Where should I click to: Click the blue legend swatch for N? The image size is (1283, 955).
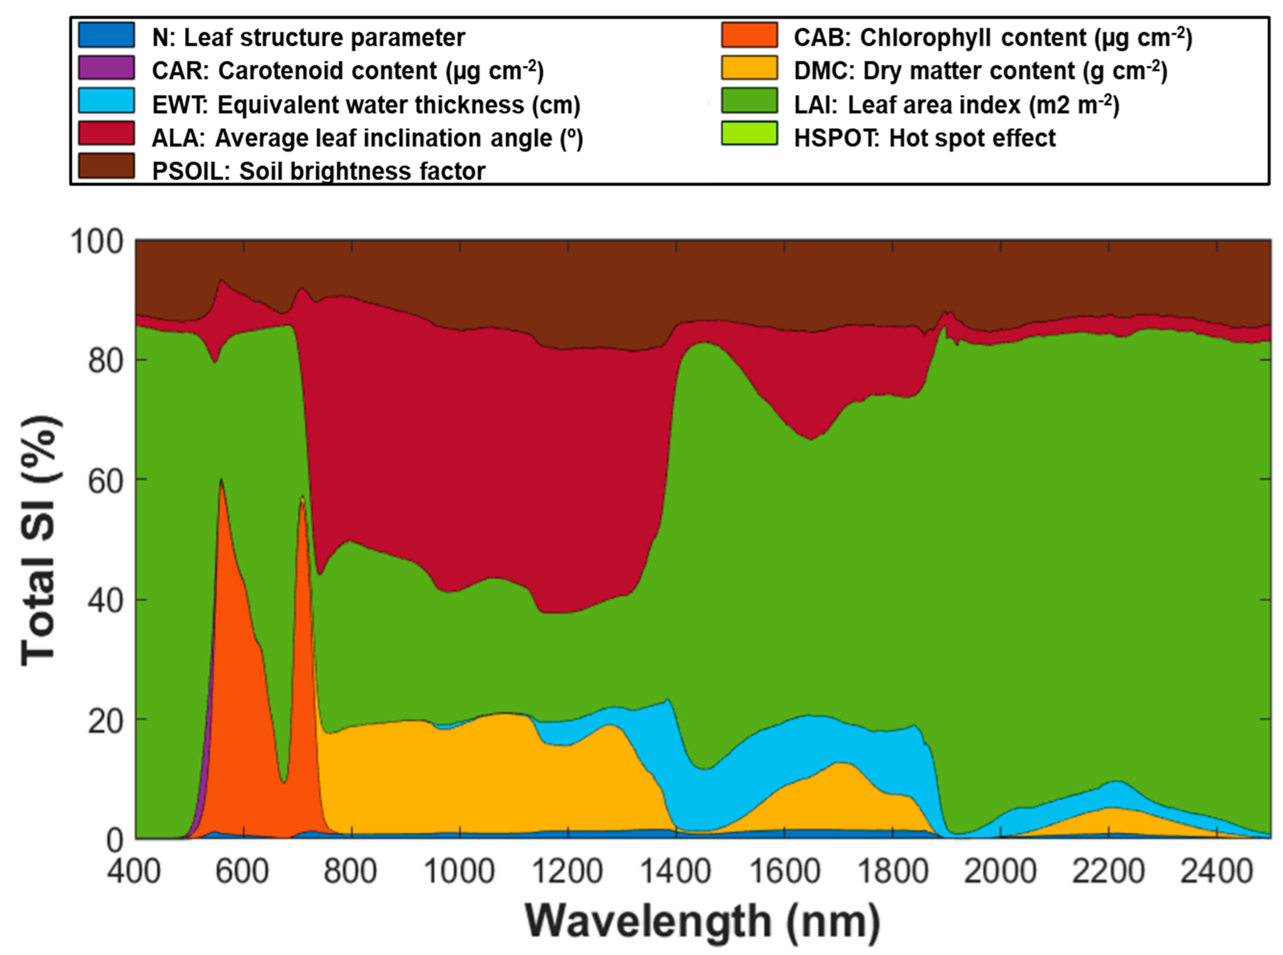tap(106, 35)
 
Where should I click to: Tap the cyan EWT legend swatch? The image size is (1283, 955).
tap(106, 101)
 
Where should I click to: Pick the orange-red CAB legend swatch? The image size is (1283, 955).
tap(749, 35)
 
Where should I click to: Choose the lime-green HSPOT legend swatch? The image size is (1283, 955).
tap(749, 134)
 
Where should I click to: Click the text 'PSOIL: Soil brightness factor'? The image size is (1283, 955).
tap(318, 171)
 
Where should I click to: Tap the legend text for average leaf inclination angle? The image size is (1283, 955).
tap(367, 138)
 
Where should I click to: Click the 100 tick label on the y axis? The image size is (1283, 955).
tap(97, 242)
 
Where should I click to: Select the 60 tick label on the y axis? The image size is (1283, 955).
tap(106, 481)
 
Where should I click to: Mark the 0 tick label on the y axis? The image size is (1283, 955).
tap(115, 840)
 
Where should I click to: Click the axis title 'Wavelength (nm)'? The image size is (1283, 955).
tap(703, 921)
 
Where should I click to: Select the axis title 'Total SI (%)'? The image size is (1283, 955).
tap(41, 541)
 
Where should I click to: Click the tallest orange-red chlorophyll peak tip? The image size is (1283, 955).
tap(221, 481)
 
